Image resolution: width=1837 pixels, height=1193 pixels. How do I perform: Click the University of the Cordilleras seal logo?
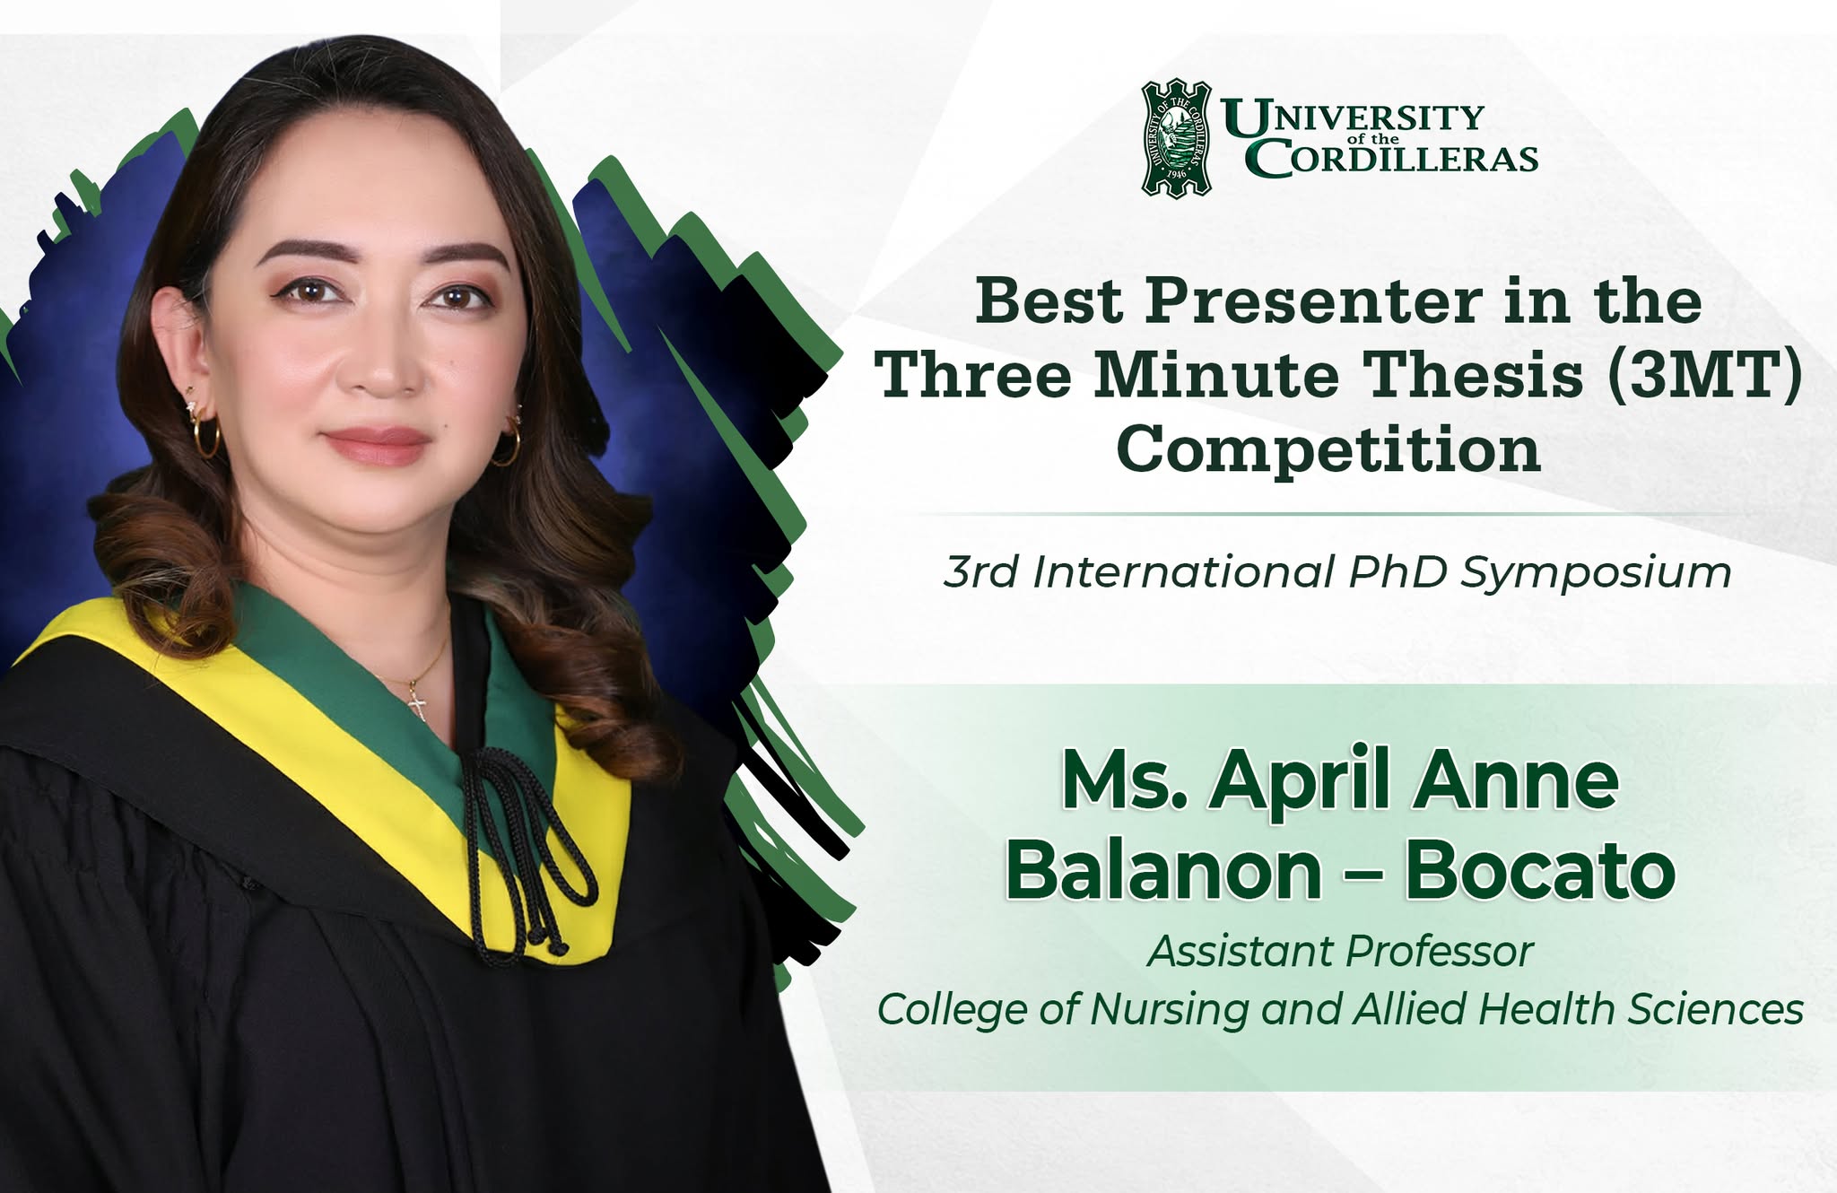(1176, 138)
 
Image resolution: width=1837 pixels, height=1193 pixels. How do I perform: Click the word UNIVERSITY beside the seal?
(1353, 118)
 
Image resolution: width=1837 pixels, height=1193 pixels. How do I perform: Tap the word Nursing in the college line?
(1170, 1010)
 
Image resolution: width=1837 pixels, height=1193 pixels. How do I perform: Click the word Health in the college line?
(1545, 1008)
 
